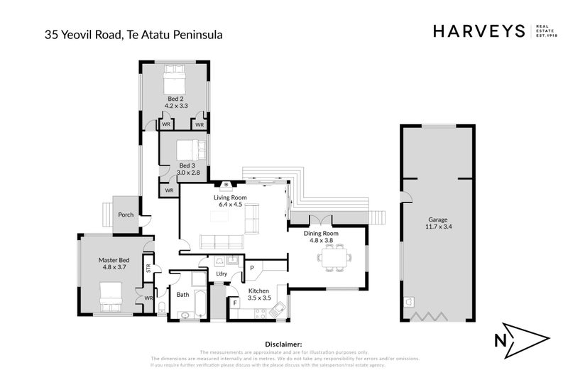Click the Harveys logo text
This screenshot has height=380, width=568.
click(x=479, y=31)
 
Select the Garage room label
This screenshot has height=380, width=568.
click(x=437, y=220)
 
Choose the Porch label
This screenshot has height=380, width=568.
click(x=126, y=215)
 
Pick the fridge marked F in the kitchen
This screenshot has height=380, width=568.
click(x=235, y=303)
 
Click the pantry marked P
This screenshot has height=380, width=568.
click(x=251, y=268)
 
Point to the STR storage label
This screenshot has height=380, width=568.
click(x=148, y=268)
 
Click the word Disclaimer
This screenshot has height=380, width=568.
click(x=283, y=344)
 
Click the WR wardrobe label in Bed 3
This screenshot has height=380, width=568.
click(x=169, y=190)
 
